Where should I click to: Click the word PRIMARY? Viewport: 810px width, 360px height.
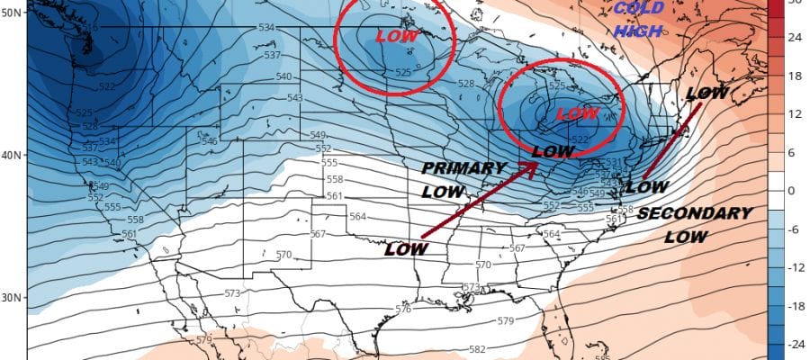pos(463,168)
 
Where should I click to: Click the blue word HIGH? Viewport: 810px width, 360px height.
pos(638,31)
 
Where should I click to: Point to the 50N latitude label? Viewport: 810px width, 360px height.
pos(13,13)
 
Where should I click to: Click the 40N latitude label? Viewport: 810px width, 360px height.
pos(13,155)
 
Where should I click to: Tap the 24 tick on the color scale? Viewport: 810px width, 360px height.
pos(795,38)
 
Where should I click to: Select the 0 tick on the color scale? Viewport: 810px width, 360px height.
pos(795,190)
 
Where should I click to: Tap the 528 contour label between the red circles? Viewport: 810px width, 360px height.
pos(465,83)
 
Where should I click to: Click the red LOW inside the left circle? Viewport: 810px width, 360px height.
pos(396,37)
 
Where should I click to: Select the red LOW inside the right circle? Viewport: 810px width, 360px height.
pos(579,113)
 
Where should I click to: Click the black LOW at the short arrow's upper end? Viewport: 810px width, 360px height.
pos(706,93)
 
